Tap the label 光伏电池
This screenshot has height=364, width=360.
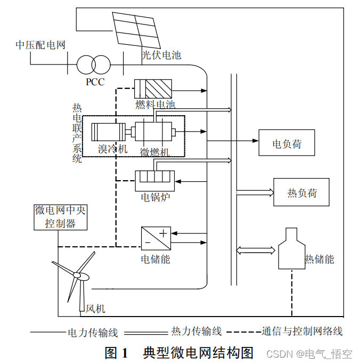click(x=161, y=55)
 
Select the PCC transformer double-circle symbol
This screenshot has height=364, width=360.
click(x=94, y=64)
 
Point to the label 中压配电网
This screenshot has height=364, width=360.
click(x=40, y=45)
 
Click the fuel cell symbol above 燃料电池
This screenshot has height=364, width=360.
click(x=153, y=87)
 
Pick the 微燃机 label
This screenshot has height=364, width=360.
click(x=154, y=152)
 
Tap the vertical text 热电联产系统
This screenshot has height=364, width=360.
click(x=77, y=133)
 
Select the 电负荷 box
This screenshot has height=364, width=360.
click(x=287, y=143)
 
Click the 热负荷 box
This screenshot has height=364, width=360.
click(x=301, y=192)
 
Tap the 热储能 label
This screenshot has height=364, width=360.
click(x=319, y=260)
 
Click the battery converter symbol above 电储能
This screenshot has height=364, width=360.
click(x=156, y=238)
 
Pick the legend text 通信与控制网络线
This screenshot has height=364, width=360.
click(x=301, y=331)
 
